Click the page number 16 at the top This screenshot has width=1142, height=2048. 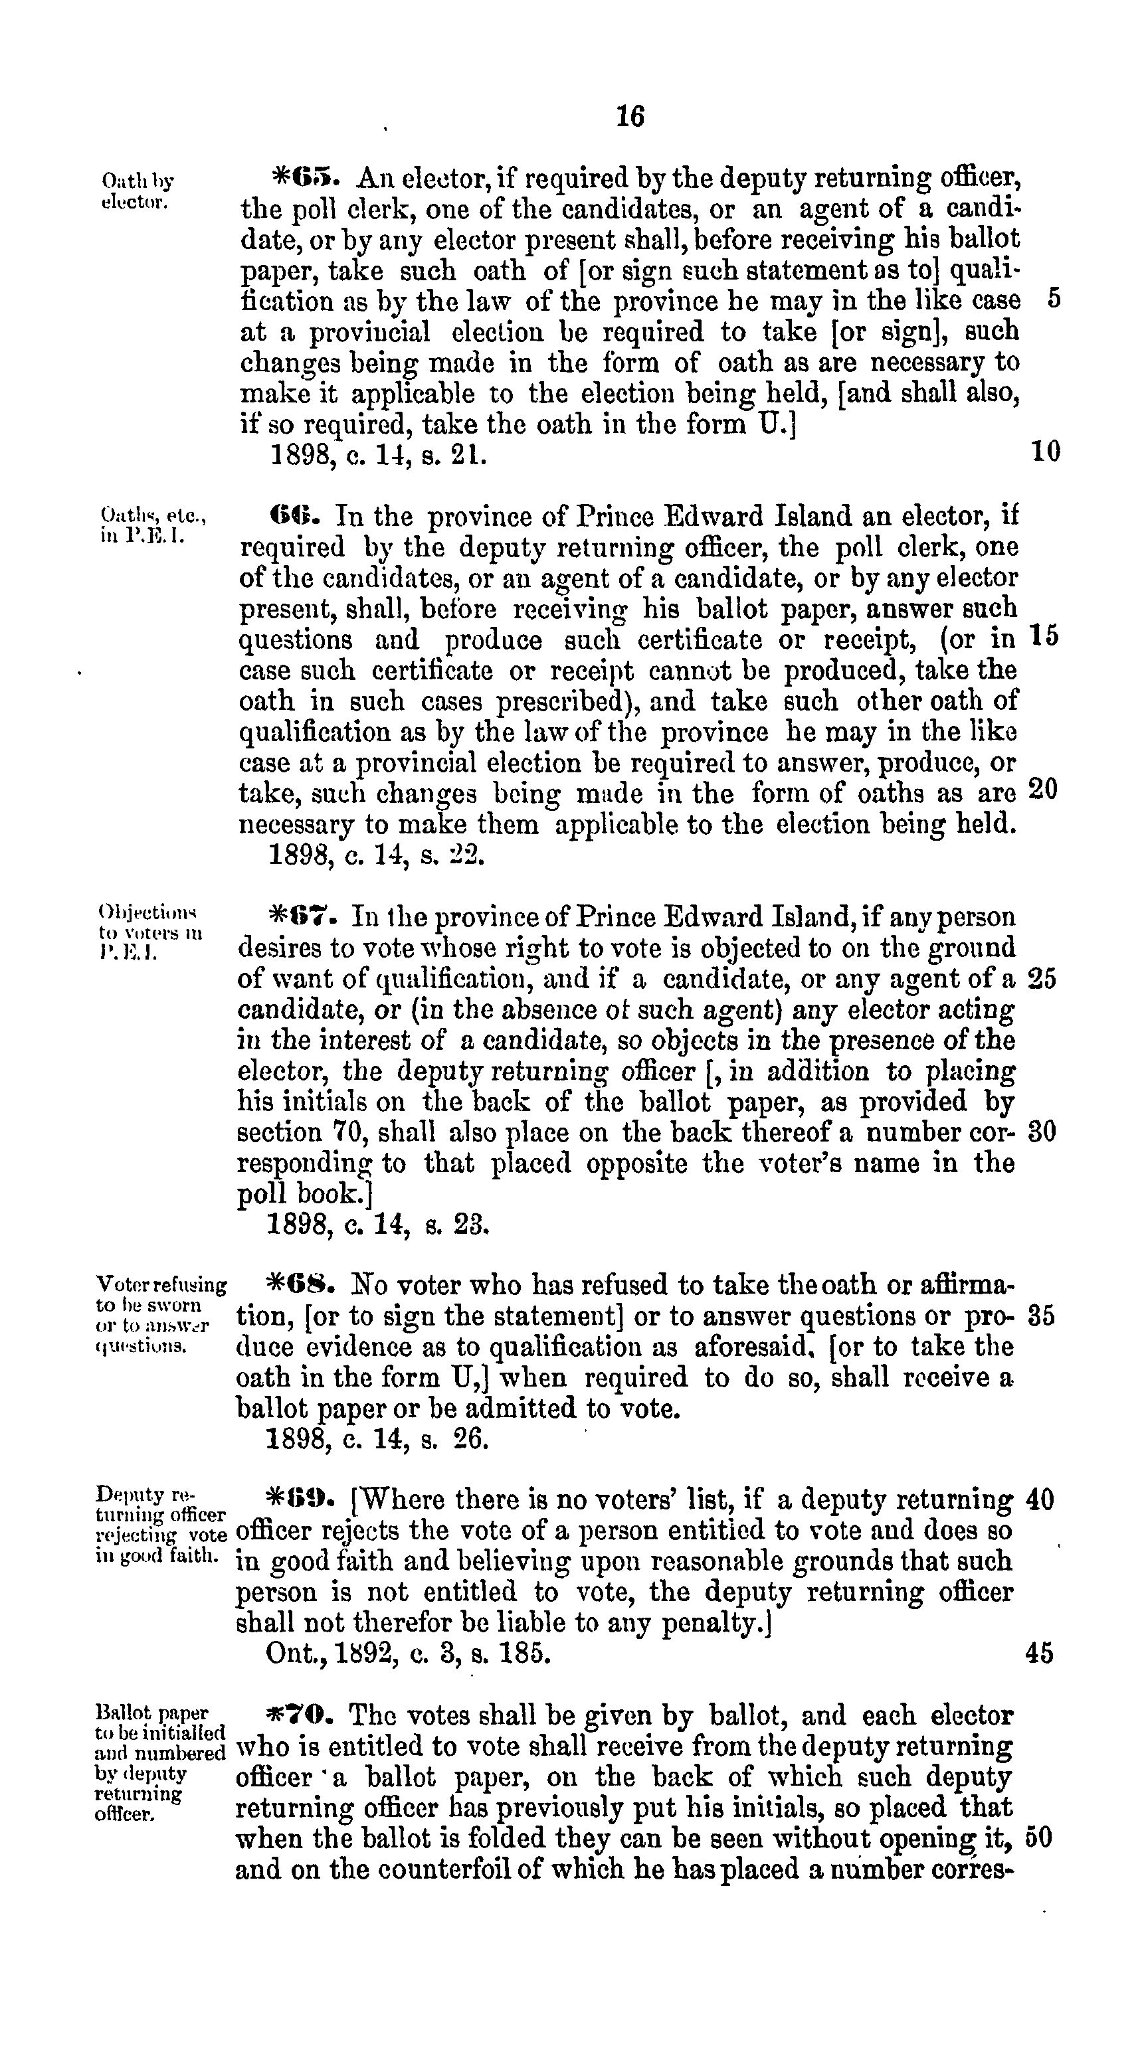click(x=630, y=117)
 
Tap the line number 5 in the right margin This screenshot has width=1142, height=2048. click(x=1054, y=299)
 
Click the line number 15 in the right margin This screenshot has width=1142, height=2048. click(x=1044, y=637)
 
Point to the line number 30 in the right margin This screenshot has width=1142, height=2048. click(x=1042, y=1132)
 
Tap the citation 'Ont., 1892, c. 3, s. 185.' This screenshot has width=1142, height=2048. click(x=408, y=1654)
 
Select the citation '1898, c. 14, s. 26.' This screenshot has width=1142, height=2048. click(x=377, y=1440)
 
